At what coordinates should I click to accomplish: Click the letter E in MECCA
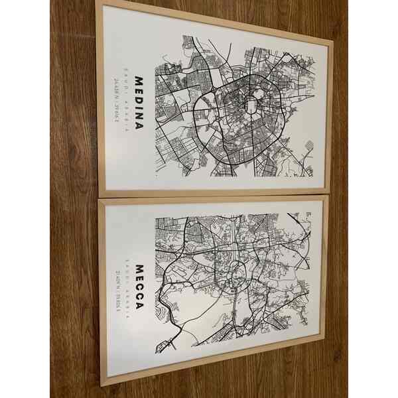[x=139, y=279]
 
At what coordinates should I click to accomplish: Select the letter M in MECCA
[x=139, y=269]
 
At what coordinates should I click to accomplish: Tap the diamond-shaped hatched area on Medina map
[x=309, y=145]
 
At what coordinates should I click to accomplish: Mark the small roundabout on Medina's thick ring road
[x=214, y=88]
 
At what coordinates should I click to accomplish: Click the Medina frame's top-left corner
[x=98, y=2]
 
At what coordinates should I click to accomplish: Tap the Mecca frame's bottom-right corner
[x=324, y=338]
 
